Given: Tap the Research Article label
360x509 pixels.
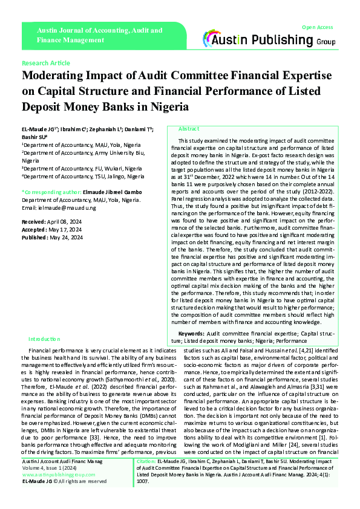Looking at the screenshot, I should click(x=46, y=63).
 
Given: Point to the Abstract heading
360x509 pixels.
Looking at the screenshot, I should click(x=188, y=129).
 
